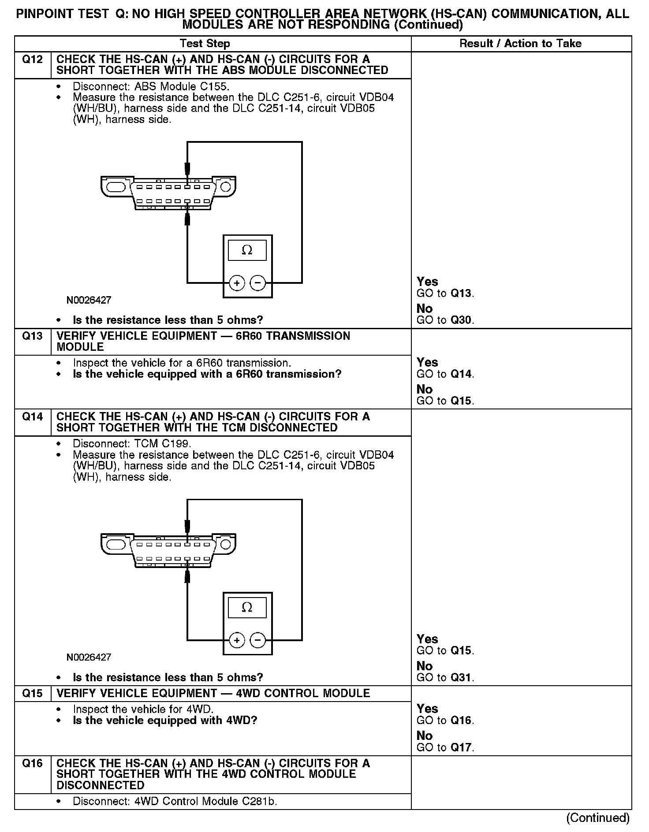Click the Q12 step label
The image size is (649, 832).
click(x=32, y=59)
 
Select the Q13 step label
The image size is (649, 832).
click(x=32, y=336)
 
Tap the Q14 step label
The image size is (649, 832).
click(x=32, y=417)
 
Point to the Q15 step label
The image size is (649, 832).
click(x=32, y=694)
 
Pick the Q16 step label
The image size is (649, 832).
click(x=32, y=764)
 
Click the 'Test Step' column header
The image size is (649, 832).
click(x=205, y=44)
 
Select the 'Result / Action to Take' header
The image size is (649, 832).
click(x=520, y=44)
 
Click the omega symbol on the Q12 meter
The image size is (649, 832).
click(x=247, y=250)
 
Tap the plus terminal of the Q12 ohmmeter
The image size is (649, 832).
click(x=237, y=283)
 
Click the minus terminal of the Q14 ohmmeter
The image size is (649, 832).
click(x=258, y=640)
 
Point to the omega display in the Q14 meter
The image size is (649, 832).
click(x=247, y=608)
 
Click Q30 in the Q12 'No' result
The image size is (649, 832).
click(x=461, y=320)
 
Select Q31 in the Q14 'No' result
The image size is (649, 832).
click(x=461, y=678)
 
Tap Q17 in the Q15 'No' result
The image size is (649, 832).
click(x=461, y=748)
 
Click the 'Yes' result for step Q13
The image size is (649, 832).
click(x=427, y=362)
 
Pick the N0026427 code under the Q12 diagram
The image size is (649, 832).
click(x=89, y=301)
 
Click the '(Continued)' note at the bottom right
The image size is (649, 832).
click(x=598, y=818)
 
